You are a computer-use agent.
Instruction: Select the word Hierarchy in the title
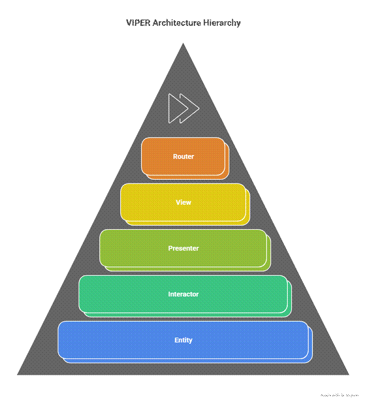pyautogui.click(x=223, y=23)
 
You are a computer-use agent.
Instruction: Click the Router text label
pyautogui.click(x=183, y=157)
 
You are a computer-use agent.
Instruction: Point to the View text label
pyautogui.click(x=183, y=202)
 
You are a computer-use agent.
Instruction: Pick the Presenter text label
pyautogui.click(x=183, y=248)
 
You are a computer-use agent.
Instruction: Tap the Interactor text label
pyautogui.click(x=183, y=294)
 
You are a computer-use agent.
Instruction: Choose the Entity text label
pyautogui.click(x=183, y=340)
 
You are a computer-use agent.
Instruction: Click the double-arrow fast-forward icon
pyautogui.click(x=184, y=108)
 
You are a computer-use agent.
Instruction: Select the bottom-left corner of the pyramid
pyautogui.click(x=18, y=374)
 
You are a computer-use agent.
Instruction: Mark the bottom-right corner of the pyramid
pyautogui.click(x=349, y=374)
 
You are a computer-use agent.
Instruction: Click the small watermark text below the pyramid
pyautogui.click(x=339, y=396)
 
